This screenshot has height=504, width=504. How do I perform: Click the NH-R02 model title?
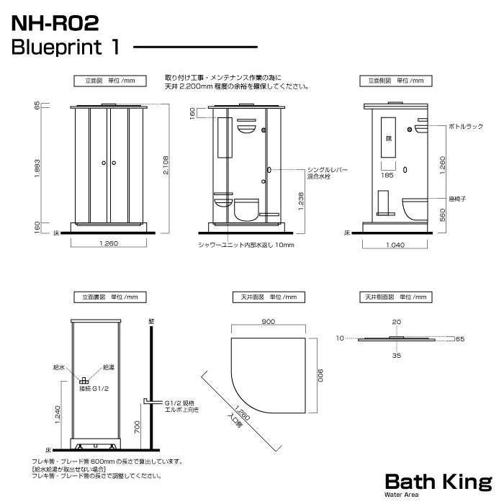(x=55, y=23)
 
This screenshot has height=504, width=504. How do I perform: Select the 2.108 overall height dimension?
(x=166, y=165)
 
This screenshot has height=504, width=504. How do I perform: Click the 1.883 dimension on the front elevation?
(x=37, y=168)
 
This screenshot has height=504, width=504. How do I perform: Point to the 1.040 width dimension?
(x=395, y=245)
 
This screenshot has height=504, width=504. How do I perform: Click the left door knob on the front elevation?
(x=104, y=163)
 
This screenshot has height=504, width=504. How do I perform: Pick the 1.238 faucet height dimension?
(x=301, y=201)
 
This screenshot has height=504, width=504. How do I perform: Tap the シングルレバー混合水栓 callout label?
(x=327, y=173)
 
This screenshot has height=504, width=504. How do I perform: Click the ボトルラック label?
(x=466, y=127)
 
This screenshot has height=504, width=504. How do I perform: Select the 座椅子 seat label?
(x=457, y=199)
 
